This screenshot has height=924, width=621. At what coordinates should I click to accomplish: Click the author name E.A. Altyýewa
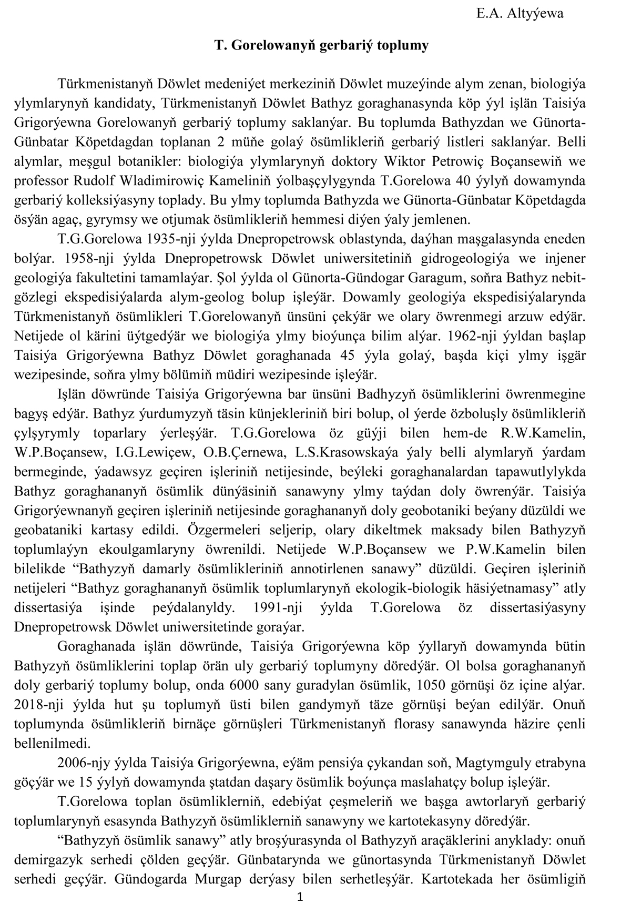[x=520, y=14]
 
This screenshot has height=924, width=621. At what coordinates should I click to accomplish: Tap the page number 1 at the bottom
[x=300, y=912]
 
